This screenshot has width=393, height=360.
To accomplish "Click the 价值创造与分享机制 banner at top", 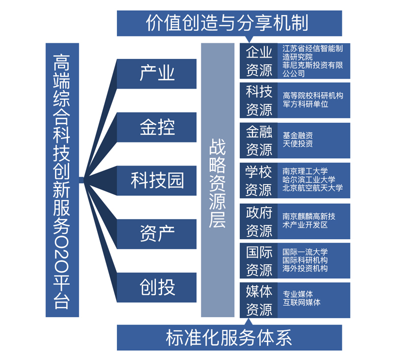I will click(x=229, y=23).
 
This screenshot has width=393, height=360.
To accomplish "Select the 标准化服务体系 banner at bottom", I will click(x=229, y=337).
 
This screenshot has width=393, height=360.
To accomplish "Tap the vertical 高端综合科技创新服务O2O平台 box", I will click(x=62, y=180).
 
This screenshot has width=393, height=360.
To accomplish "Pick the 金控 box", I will click(x=157, y=127).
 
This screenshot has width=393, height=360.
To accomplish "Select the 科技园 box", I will click(x=157, y=180).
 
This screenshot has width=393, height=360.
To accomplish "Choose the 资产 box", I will click(x=157, y=233).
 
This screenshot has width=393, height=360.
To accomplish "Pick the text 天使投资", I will click(x=298, y=144).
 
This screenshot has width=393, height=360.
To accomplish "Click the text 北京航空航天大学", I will click(x=313, y=188).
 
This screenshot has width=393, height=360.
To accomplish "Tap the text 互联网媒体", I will click(x=302, y=303).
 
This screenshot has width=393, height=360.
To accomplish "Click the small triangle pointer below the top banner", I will click(x=250, y=39).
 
